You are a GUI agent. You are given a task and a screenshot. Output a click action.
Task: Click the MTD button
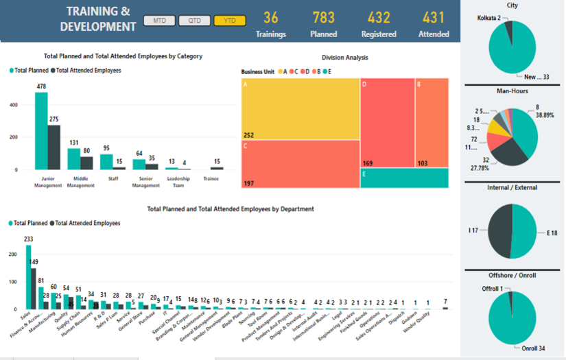158,21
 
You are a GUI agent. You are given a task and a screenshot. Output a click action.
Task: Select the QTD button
194,21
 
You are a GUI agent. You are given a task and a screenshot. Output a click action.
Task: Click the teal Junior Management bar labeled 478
41,130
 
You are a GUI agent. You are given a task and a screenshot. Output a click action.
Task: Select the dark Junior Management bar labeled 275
54,147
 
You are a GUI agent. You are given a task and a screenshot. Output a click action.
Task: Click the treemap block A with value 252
300,109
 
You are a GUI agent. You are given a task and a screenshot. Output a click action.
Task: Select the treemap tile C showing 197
300,165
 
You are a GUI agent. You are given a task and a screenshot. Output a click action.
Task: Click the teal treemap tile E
404,178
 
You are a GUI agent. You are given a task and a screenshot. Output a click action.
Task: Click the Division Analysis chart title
344,58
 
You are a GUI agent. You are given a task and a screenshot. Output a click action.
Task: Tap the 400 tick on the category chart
14,105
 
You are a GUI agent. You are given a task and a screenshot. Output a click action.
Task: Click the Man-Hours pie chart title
512,91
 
